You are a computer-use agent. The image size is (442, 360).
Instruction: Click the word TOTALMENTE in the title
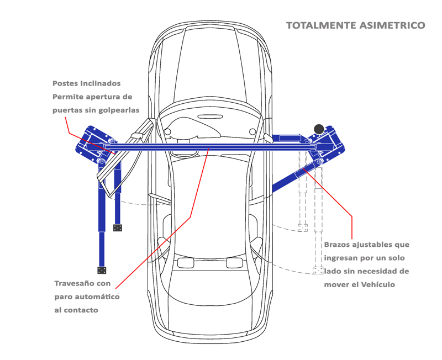[x=322, y=25]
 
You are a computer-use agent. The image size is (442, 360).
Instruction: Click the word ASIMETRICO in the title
[x=392, y=25]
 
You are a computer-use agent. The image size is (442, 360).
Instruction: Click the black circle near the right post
[x=319, y=129]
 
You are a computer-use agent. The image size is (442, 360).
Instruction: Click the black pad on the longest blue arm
[x=102, y=270]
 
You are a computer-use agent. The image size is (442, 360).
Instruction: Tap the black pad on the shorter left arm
[x=118, y=227]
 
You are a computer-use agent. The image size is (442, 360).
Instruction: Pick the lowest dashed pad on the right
[x=318, y=271]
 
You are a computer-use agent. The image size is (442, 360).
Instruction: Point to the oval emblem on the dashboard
[x=210, y=117]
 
